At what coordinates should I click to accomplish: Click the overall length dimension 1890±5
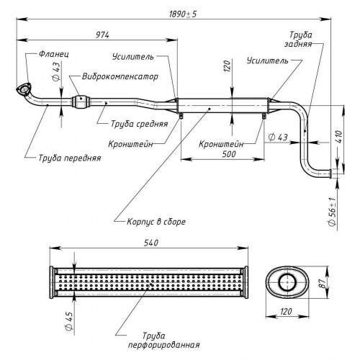coord(183,14)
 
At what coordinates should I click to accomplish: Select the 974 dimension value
coord(102,35)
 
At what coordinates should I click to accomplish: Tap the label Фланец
coord(54,54)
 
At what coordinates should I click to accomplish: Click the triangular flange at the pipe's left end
coord(24,90)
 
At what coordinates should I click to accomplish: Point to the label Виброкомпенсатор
coord(120,76)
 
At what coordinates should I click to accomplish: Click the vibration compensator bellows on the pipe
coord(81,102)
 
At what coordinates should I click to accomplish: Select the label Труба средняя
coord(139,124)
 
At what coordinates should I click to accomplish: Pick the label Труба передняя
coord(70,158)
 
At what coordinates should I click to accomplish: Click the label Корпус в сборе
coord(156,222)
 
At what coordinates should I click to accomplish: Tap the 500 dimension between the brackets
coord(229,154)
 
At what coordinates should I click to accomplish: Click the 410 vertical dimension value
coord(339,137)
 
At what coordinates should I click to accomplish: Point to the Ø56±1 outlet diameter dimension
coord(332,212)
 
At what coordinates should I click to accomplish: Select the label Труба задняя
coord(299,39)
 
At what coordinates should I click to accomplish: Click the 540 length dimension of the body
coord(151,243)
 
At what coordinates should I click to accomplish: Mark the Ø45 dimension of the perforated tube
coord(69,321)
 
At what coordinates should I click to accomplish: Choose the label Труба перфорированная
coord(164,340)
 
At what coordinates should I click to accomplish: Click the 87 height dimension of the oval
coord(323,284)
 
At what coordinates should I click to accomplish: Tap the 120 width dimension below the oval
coord(286,312)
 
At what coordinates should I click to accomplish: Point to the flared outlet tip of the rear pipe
coord(330,174)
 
